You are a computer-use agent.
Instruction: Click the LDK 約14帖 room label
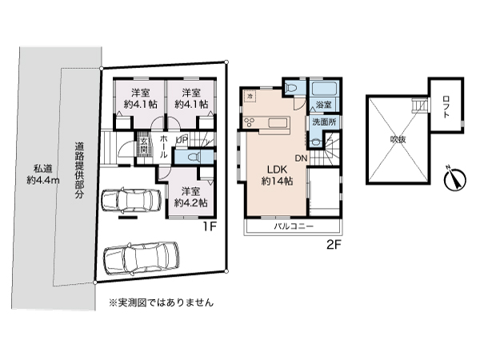click(x=275, y=174)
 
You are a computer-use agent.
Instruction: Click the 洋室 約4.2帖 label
click(x=190, y=197)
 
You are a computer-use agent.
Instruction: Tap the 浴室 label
click(x=324, y=105)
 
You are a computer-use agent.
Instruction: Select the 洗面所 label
click(x=324, y=122)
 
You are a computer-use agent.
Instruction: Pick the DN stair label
click(x=302, y=158)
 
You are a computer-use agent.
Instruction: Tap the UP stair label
click(x=182, y=138)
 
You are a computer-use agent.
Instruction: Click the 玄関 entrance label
click(x=143, y=145)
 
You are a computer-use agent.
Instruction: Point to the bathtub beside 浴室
click(x=324, y=90)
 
